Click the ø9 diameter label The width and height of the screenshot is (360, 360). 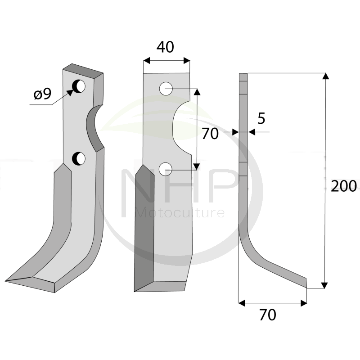tap(42, 94)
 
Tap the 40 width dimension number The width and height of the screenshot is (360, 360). tap(165, 47)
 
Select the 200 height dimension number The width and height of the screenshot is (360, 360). tap(344, 186)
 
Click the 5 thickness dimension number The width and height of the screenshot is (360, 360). tap(261, 118)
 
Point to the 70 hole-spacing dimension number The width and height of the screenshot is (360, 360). tap(210, 134)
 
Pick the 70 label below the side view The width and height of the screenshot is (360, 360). tap(268, 315)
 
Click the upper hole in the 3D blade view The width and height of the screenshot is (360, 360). tap(79, 86)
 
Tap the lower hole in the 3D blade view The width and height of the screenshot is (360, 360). tap(79, 158)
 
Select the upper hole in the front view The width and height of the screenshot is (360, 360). tap(166, 89)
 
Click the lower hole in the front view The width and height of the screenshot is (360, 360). tap(166, 170)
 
